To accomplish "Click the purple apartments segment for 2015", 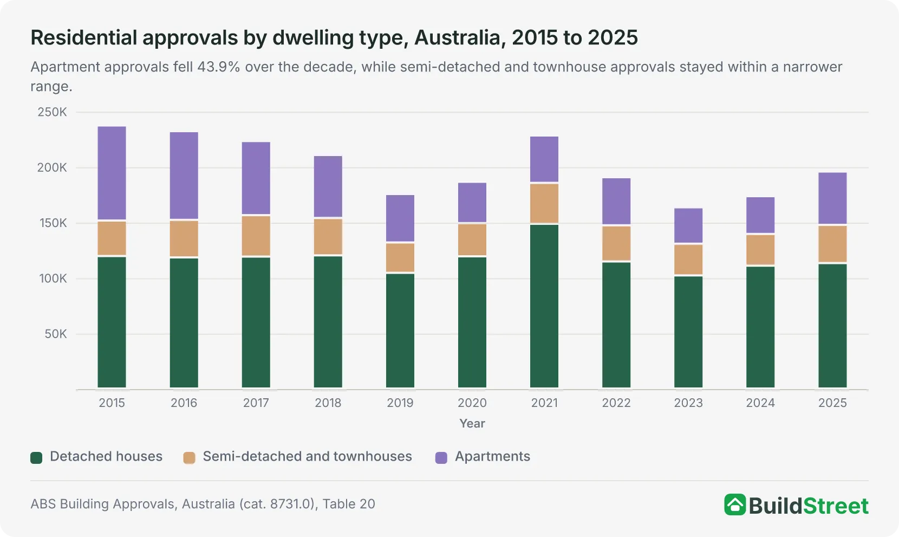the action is click(112, 173).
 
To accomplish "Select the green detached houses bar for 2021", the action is click(544, 306).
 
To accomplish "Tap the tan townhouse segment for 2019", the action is click(400, 257).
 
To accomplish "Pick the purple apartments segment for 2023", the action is click(688, 225).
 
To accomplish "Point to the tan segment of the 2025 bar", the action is click(833, 244).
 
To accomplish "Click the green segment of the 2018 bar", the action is click(328, 322).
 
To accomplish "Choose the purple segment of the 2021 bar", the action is click(544, 159).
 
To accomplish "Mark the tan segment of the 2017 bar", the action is click(256, 236).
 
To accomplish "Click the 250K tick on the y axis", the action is click(52, 112).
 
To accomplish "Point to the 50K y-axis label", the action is click(56, 334).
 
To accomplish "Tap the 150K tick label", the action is click(53, 223).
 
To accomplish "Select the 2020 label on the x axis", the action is click(472, 403).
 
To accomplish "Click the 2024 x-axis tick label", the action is click(760, 403).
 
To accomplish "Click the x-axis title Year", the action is click(472, 423).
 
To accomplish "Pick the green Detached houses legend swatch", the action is click(36, 457).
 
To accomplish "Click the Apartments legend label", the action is click(492, 456).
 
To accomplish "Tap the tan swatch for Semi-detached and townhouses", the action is click(190, 457).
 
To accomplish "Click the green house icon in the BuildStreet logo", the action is click(735, 504).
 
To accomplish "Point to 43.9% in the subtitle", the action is click(218, 67).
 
